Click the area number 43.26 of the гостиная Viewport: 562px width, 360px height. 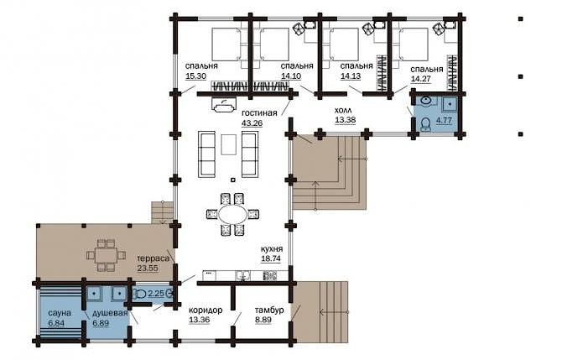[x=252, y=123]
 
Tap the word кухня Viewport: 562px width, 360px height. [x=272, y=249]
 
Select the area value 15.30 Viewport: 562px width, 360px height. [x=195, y=76]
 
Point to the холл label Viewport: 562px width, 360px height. [x=343, y=110]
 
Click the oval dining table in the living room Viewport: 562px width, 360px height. [x=232, y=215]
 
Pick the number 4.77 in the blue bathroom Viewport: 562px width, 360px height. [x=444, y=120]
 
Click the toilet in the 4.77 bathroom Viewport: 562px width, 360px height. [x=425, y=124]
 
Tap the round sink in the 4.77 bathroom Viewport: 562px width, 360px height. [x=426, y=101]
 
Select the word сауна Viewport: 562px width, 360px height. [x=60, y=313]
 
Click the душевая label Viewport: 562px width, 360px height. [x=110, y=313]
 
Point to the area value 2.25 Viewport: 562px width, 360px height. [x=156, y=294]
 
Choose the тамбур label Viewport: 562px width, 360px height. [x=269, y=310]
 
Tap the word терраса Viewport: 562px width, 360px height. [x=153, y=258]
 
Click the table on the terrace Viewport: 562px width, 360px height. [x=106, y=255]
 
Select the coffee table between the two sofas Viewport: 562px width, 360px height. [x=228, y=144]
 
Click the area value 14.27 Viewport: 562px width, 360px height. [x=421, y=79]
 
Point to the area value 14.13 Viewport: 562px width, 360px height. [x=351, y=76]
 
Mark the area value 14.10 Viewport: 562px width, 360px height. [x=291, y=76]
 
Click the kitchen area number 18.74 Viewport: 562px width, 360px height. [x=271, y=259]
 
